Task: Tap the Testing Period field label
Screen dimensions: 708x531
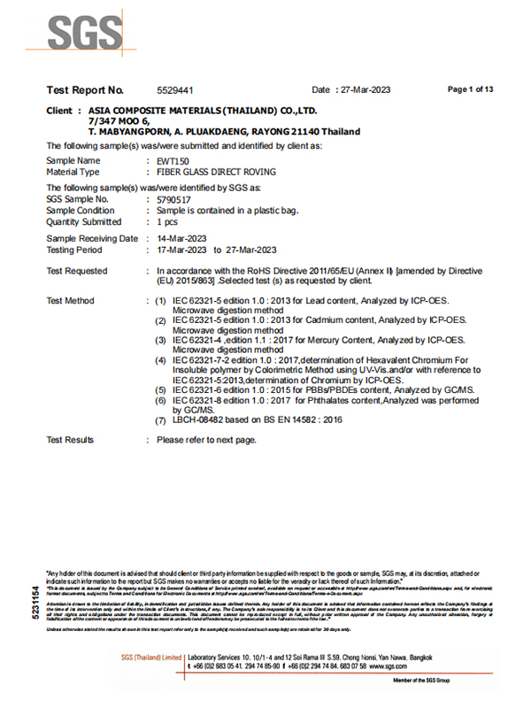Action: pos(76,250)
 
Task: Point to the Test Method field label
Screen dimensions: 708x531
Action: pos(70,302)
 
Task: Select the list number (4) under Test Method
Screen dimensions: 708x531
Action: pos(161,360)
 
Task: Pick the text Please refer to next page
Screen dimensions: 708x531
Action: pos(206,440)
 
